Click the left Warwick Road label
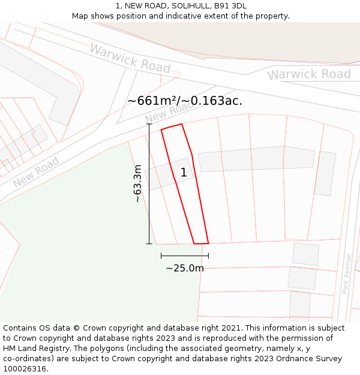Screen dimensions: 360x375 [130, 58]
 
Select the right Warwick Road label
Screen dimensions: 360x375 [310, 74]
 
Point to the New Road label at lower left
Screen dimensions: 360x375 [36, 172]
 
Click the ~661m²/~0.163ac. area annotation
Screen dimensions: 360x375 [185, 101]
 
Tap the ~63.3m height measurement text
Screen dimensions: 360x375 [137, 184]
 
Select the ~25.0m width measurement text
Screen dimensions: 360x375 [185, 268]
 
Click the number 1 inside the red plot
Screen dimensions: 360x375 [184, 173]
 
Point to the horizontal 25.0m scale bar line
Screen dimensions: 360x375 [185, 256]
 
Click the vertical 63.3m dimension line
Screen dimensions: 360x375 [149, 198]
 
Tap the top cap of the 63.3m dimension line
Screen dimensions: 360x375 [149, 124]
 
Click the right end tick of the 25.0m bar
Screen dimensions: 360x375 [208, 256]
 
